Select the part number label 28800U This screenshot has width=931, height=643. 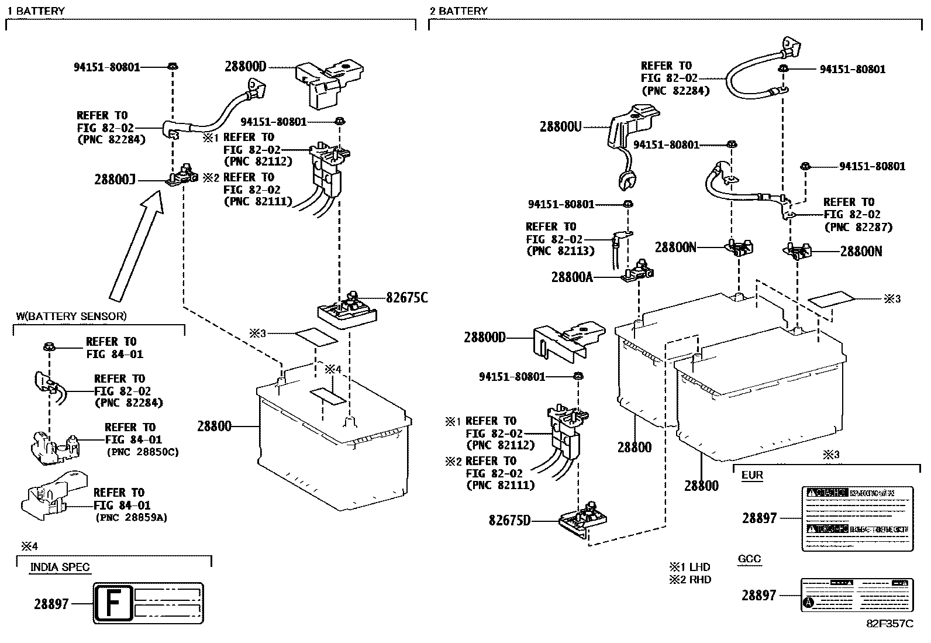coord(560,126)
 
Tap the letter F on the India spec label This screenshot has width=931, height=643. coord(113,603)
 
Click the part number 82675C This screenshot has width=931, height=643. coord(406,298)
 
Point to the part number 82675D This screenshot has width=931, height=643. coord(509,520)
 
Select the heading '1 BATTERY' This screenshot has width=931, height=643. coord(36,11)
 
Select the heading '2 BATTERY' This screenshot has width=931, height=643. coord(458,11)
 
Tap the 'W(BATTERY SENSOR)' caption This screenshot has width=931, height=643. coord(71,317)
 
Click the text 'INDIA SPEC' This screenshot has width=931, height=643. coord(60,568)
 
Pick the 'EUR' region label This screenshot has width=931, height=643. coord(752,475)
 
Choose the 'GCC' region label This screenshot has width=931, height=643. coord(749,559)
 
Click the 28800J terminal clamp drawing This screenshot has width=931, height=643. coord(181,176)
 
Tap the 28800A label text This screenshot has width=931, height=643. coord(572,277)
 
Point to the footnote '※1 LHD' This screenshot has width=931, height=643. coord(690,567)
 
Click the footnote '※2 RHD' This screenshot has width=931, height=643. coord(690,580)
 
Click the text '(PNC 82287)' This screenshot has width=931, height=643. coord(858,227)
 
